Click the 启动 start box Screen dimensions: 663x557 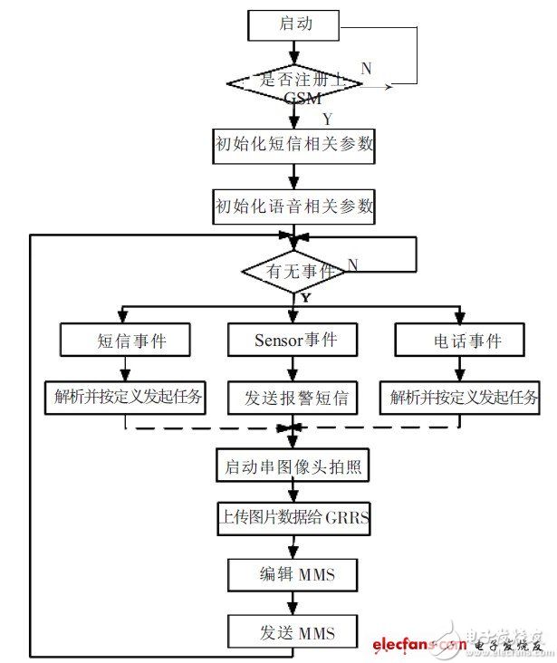294,24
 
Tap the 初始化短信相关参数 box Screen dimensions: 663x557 293,146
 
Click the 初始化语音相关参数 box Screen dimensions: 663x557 293,206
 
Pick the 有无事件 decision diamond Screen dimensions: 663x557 294,269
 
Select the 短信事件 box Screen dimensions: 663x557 126,341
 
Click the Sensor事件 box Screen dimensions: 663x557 294,341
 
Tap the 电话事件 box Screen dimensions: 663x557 461,341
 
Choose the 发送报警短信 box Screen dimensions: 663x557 294,396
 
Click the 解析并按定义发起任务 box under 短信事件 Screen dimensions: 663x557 126,396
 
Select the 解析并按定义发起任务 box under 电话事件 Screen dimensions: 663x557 462,396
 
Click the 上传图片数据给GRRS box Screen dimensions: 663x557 293,520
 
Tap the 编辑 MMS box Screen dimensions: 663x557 294,575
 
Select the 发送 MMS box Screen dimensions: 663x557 294,631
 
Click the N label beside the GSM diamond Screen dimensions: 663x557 366,69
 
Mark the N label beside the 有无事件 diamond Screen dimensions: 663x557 353,264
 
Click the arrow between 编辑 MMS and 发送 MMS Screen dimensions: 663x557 294,602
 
